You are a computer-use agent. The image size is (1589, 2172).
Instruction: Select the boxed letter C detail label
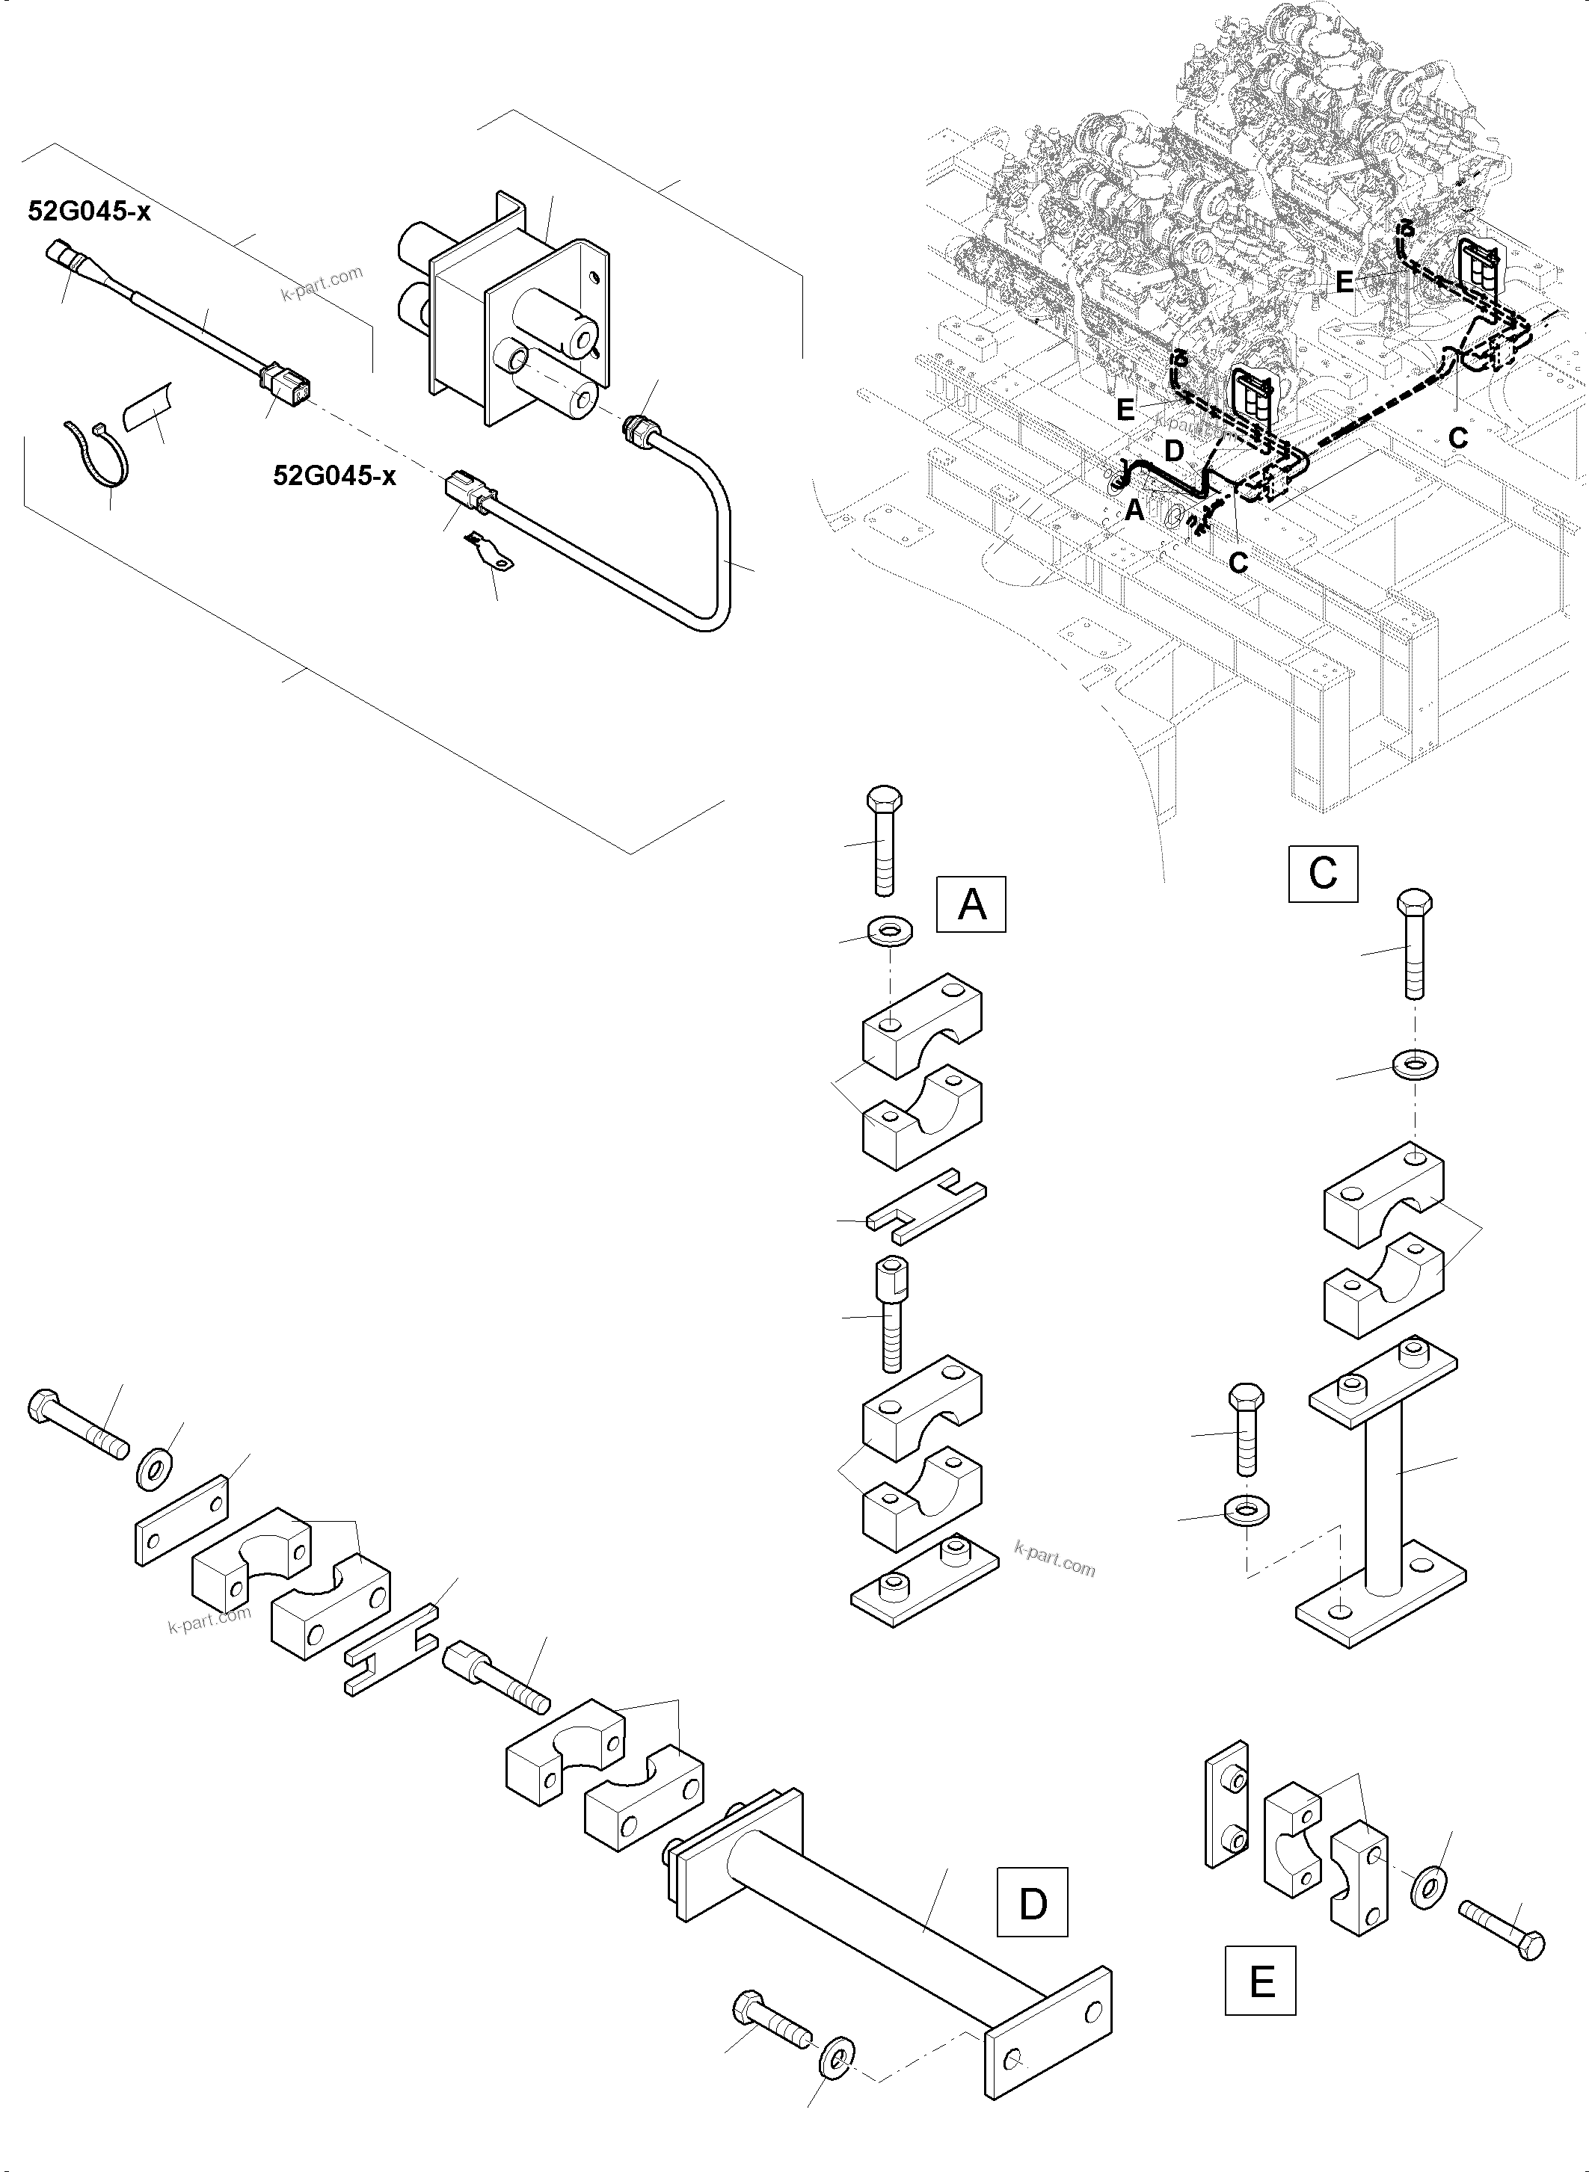click(1323, 873)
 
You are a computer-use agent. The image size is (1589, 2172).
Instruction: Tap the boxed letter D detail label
click(1032, 1903)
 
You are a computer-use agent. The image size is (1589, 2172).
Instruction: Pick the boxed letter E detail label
click(1260, 1981)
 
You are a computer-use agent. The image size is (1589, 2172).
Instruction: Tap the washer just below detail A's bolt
click(891, 931)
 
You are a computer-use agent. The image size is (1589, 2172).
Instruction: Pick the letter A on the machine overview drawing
click(1135, 510)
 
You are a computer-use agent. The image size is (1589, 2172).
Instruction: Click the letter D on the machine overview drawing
click(1175, 450)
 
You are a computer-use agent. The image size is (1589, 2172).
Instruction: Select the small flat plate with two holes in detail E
click(1226, 1807)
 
